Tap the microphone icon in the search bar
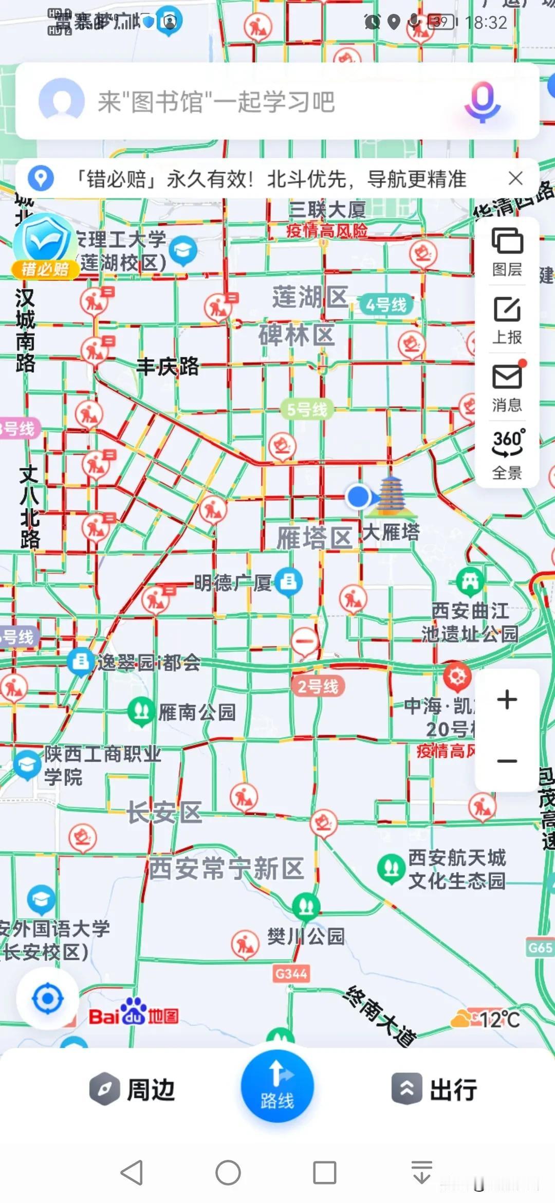click(482, 101)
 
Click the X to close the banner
click(515, 178)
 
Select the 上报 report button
click(507, 319)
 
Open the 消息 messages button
click(507, 387)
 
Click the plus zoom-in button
click(507, 699)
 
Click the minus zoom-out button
click(507, 761)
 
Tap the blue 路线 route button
click(277, 1086)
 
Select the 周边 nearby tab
click(133, 1089)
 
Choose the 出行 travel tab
click(435, 1089)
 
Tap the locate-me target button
click(48, 999)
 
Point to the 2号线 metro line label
click(318, 686)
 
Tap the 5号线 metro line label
click(307, 410)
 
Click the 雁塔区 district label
click(314, 538)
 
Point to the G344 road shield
click(291, 973)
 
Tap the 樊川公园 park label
click(306, 936)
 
